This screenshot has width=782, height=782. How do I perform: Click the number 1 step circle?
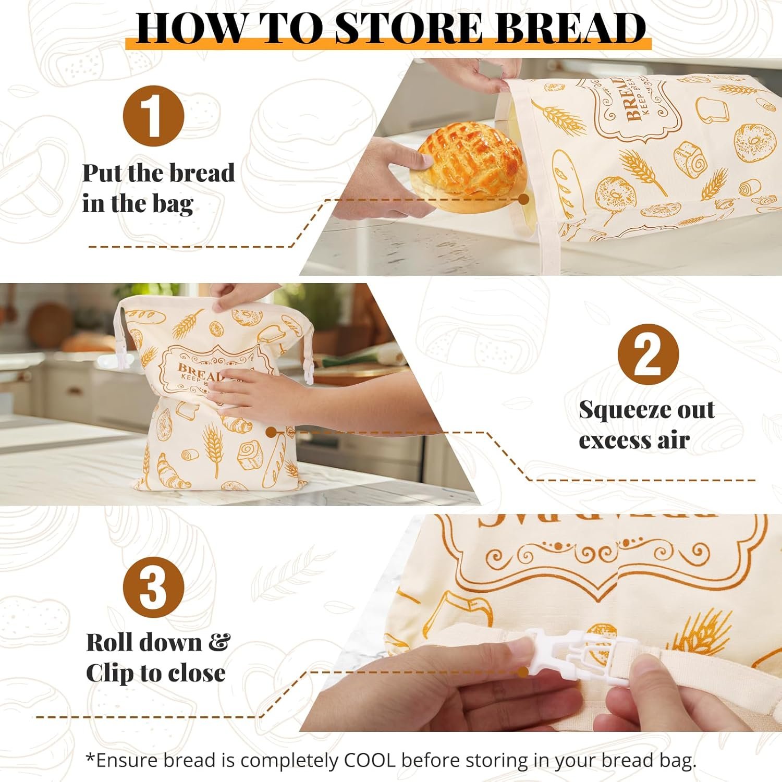click(x=153, y=115)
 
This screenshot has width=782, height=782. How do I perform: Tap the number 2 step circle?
click(x=648, y=355)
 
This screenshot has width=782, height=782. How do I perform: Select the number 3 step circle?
click(x=153, y=587)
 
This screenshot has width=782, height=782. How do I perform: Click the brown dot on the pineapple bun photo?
click(x=524, y=199)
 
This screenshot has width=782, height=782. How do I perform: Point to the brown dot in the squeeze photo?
click(x=271, y=432)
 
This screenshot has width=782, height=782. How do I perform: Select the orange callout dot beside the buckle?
click(x=522, y=672)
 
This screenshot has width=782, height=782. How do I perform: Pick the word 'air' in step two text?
click(x=674, y=441)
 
